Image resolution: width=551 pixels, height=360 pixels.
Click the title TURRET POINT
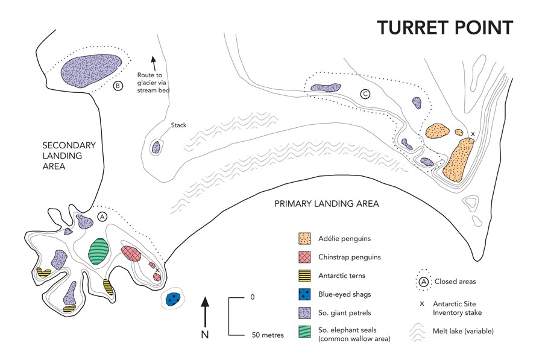(445, 27)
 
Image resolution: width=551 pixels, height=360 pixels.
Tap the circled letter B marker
(118, 86)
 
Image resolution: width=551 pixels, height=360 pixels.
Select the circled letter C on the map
(365, 94)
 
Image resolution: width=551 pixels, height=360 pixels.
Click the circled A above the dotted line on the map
(102, 216)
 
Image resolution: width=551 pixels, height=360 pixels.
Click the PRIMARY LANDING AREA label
(326, 204)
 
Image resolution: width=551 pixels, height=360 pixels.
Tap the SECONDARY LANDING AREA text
(69, 156)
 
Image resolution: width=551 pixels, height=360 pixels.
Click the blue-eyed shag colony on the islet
(174, 298)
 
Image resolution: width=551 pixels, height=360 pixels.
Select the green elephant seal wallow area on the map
(98, 251)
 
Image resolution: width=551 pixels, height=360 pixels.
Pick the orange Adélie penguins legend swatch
(306, 239)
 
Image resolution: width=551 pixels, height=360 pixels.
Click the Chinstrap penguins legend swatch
(306, 257)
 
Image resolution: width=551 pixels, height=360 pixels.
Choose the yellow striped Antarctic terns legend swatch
(306, 276)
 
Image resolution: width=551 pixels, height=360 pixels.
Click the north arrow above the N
(205, 311)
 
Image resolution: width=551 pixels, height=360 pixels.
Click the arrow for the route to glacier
(153, 61)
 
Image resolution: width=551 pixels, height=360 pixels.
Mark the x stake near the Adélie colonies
(473, 134)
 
